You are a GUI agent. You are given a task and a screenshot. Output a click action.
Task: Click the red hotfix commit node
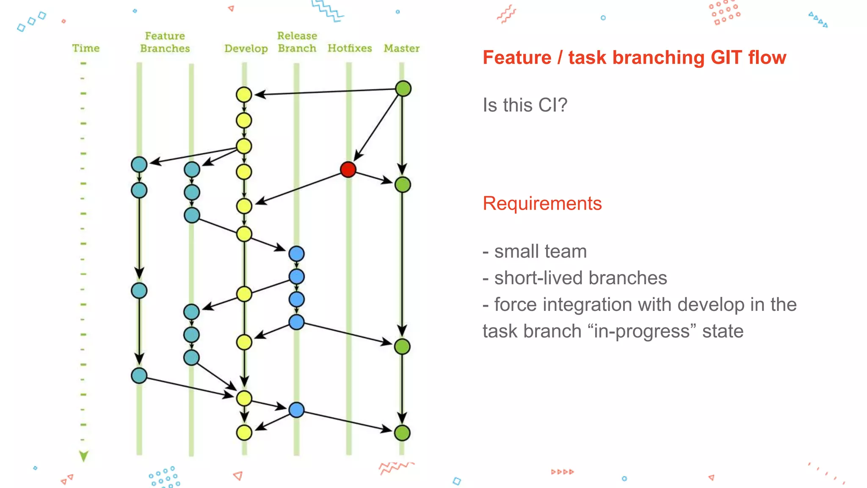[348, 169]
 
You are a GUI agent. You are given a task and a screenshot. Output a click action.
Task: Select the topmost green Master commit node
[403, 89]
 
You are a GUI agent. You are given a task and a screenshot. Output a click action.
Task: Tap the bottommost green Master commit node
[402, 433]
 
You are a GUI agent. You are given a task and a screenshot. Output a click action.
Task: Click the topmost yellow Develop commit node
[244, 94]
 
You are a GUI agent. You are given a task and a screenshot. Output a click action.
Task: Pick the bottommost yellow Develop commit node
[244, 433]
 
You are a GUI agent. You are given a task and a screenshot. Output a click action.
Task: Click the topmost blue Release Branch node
[296, 254]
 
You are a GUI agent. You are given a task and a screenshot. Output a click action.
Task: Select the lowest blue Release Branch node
[296, 410]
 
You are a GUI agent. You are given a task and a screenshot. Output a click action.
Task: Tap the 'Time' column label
[86, 48]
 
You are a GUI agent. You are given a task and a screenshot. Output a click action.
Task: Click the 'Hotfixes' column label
[350, 48]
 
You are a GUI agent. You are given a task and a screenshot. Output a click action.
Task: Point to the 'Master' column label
[401, 48]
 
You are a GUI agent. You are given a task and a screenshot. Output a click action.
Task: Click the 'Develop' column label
[246, 49]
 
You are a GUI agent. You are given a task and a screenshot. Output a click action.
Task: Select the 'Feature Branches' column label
[165, 42]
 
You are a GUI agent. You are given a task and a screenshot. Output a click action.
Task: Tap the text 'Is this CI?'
[525, 105]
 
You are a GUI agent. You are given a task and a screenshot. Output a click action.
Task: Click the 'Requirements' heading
[542, 203]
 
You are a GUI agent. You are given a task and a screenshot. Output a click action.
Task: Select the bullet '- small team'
[534, 251]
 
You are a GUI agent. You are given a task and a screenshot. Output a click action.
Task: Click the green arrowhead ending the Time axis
[84, 456]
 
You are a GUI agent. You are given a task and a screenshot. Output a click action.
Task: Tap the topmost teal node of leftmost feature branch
[139, 164]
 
